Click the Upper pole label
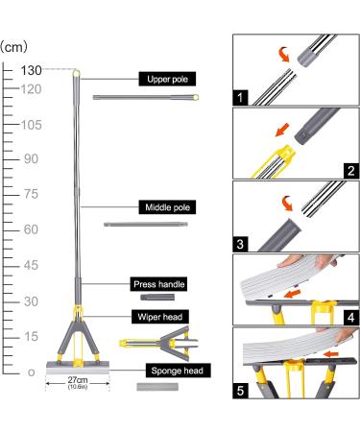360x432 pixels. coord(167,79)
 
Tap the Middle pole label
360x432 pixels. coord(167,207)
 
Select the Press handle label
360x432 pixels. coord(158,284)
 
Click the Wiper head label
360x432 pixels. coord(160,317)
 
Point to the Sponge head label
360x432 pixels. coord(178,371)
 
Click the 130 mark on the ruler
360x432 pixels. coord(31,70)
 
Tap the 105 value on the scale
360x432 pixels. coord(31,125)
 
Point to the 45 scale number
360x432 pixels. coord(31,265)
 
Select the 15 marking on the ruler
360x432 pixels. coord(31,336)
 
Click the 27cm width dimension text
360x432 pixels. coord(78,380)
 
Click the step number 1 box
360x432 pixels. coord(240,98)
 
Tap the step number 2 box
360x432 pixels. coord(351,171)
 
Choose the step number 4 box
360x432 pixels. coord(351,317)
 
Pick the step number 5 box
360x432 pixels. coord(240,391)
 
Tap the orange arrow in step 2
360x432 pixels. coord(282,130)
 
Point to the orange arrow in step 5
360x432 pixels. coord(331,354)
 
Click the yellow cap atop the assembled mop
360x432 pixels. coord(76,73)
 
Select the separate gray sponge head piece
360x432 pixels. coord(157,387)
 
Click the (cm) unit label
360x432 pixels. coord(13,47)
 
